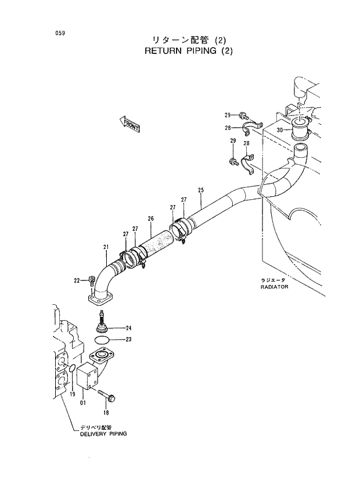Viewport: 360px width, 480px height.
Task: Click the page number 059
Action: tap(60, 33)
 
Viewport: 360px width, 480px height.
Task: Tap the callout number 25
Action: tap(201, 190)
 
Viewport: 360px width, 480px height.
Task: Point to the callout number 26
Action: tap(150, 219)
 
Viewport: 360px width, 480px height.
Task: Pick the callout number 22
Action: tap(77, 281)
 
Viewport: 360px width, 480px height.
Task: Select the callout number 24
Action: tap(129, 328)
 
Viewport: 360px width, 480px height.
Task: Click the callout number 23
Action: tap(129, 340)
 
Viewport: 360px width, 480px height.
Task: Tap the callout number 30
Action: tap(280, 130)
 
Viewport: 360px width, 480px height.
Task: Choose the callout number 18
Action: tap(106, 413)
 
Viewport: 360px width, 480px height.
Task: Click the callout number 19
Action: tap(73, 395)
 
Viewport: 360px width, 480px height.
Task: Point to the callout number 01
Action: tap(83, 400)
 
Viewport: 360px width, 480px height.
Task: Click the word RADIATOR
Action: tap(275, 287)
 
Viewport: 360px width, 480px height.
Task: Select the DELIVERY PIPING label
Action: tap(103, 434)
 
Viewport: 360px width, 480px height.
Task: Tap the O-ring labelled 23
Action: tap(101, 339)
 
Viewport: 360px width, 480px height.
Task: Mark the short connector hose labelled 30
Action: tap(302, 129)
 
